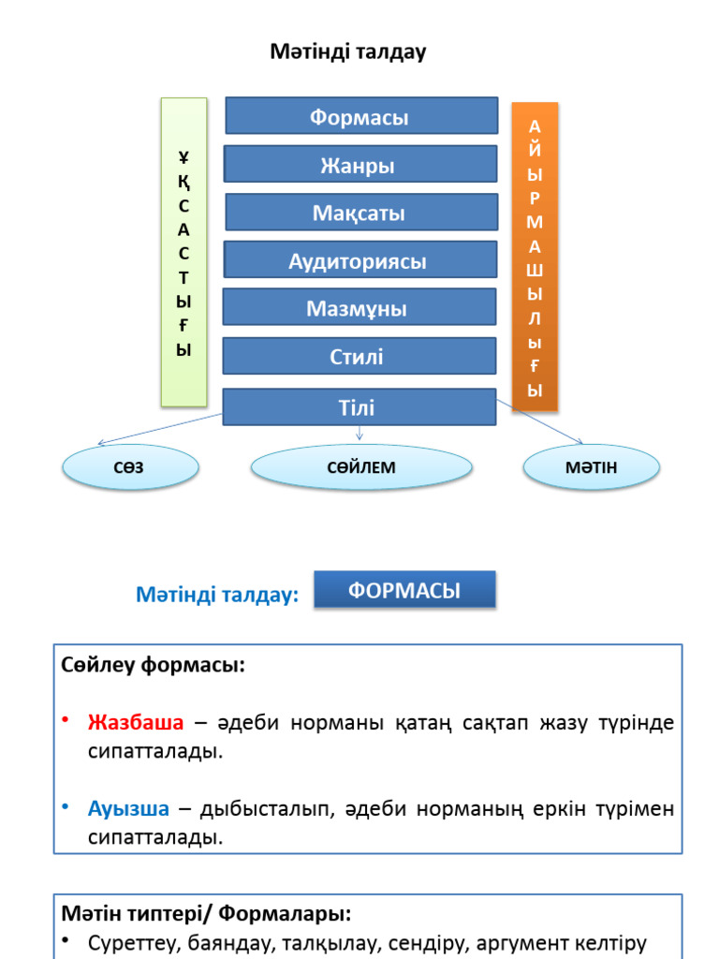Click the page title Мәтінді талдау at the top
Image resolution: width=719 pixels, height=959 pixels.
[348, 52]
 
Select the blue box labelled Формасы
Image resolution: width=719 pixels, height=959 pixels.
[361, 116]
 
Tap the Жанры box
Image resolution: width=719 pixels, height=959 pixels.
[359, 165]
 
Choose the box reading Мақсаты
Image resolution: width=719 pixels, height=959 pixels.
[360, 213]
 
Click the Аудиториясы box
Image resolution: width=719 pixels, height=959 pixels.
[359, 260]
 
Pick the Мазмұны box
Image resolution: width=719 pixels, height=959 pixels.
[359, 308]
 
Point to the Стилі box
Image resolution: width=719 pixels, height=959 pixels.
[359, 357]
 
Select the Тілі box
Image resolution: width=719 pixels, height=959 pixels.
[359, 407]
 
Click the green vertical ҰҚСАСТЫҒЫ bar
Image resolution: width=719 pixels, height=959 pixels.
[183, 253]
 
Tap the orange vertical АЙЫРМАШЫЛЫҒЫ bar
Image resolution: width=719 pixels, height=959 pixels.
[535, 258]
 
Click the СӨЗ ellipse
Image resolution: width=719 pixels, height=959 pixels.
[130, 466]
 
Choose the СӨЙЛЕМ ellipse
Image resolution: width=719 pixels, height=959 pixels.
[361, 466]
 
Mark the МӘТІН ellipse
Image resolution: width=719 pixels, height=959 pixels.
[591, 466]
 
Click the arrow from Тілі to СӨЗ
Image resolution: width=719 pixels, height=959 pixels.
[159, 429]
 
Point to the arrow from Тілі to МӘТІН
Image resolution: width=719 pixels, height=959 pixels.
[541, 422]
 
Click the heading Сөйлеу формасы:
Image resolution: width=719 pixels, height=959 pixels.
[154, 666]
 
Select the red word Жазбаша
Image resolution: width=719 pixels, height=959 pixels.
[136, 723]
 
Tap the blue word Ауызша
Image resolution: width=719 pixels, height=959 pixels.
[129, 808]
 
